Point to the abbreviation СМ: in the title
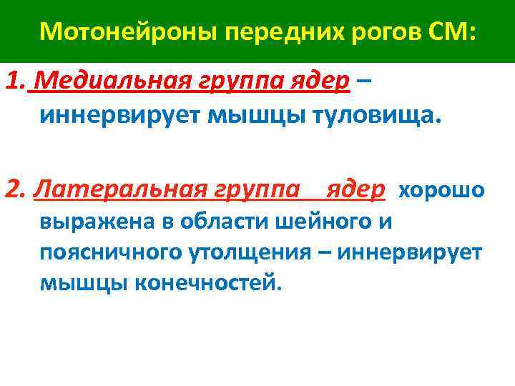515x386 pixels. tap(450, 32)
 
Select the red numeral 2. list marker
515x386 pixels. tap(16, 189)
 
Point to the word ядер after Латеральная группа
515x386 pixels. tap(355, 189)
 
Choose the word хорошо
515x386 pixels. tap(441, 190)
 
